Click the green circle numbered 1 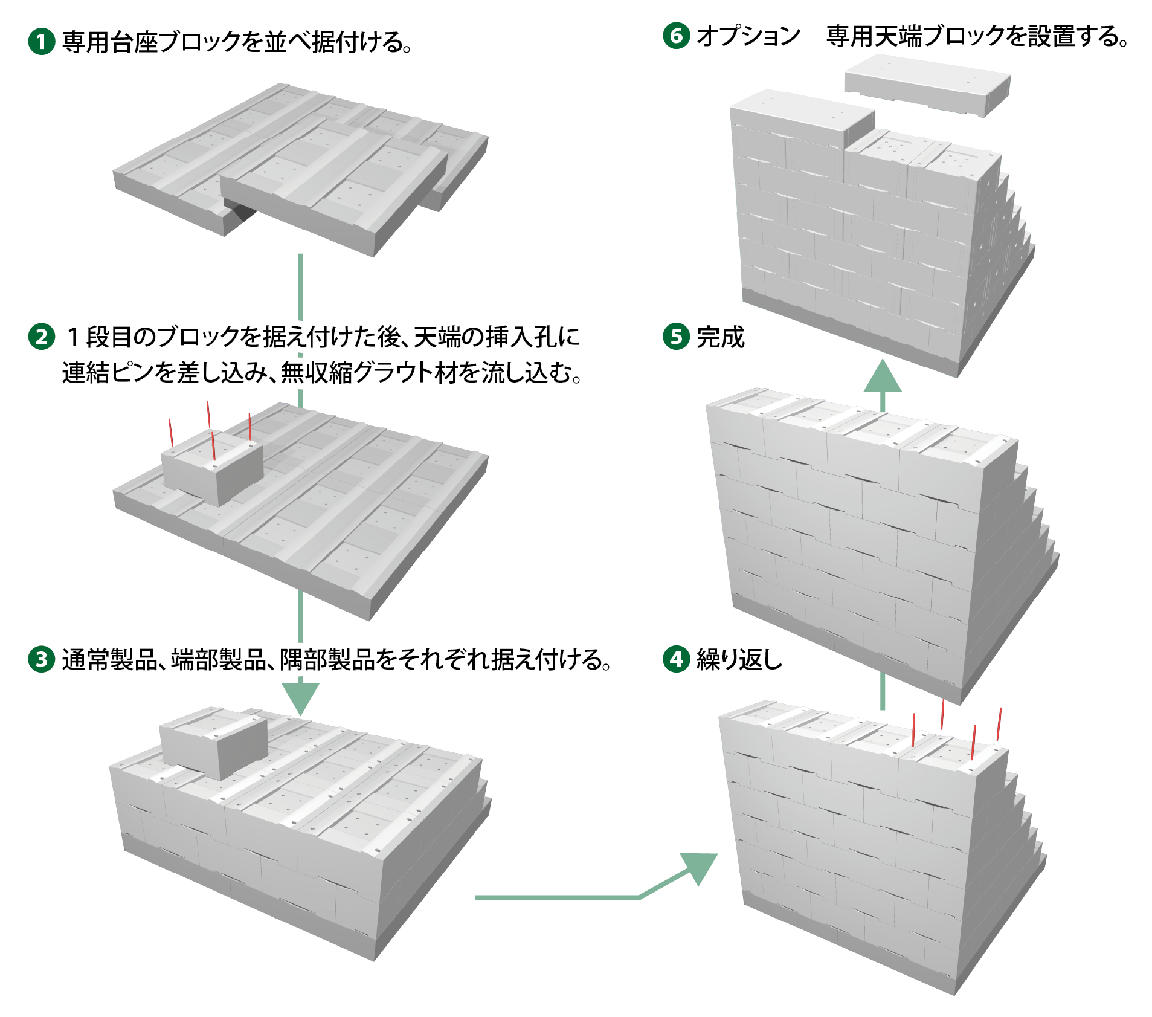pos(42,42)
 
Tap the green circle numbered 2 pos(42,337)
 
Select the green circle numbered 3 pos(42,659)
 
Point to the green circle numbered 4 pos(676,659)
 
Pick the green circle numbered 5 pos(676,337)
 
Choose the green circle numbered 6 pos(676,36)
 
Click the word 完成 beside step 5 pos(721,337)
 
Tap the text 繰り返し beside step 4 pos(739,659)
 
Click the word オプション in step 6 pos(748,36)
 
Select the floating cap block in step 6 pos(927,84)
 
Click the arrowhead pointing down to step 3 pos(300,699)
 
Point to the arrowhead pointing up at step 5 pos(883,375)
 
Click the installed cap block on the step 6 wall pos(802,119)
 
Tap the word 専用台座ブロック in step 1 pos(151,42)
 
